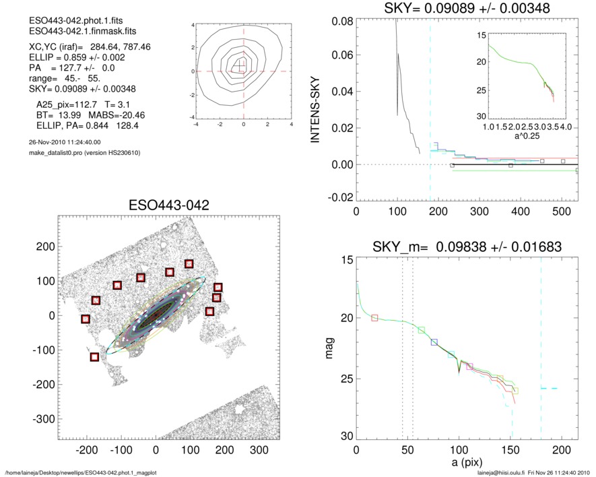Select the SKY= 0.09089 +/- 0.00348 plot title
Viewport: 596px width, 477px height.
tap(458, 9)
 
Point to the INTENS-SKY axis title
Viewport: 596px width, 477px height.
tap(314, 106)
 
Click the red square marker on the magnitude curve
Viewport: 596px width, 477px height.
tap(375, 317)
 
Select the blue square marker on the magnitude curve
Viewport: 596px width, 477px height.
tap(434, 342)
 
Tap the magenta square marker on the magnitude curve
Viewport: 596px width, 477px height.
tap(469, 367)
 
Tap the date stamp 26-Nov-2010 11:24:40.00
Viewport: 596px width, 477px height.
tap(61, 142)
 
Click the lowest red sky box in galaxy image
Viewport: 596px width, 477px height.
tap(94, 356)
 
